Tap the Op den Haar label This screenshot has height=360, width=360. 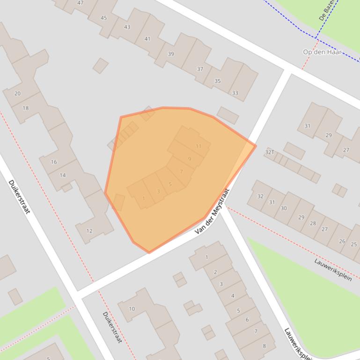(x=322, y=52)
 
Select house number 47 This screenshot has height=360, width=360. (x=81, y=3)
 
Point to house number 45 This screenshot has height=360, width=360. (x=103, y=18)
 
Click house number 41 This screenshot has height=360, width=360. (x=147, y=39)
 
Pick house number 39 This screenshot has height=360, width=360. (x=171, y=54)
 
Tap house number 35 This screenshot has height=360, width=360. (x=217, y=81)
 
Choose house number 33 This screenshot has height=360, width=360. (x=235, y=93)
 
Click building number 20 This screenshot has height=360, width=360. (x=17, y=94)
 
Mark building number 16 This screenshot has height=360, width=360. (x=54, y=162)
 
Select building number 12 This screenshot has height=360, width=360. (x=89, y=230)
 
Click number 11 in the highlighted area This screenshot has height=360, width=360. (x=198, y=146)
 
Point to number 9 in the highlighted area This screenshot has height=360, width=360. (x=190, y=159)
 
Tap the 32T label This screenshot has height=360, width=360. (x=269, y=152)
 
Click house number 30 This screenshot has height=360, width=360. (x=284, y=208)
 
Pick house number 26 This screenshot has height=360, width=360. (x=342, y=241)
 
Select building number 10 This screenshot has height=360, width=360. (x=132, y=309)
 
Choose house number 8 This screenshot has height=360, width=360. (x=264, y=346)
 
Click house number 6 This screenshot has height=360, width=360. (x=247, y=320)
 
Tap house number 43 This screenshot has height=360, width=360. (x=127, y=27)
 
